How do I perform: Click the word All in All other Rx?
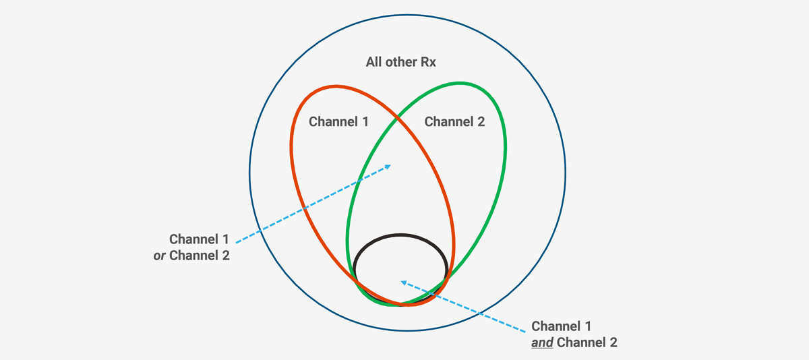[375, 63]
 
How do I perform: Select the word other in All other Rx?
[402, 63]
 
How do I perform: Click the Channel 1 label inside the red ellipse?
[338, 122]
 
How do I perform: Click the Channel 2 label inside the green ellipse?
[454, 122]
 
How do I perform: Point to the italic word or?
[160, 256]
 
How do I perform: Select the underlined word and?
[543, 342]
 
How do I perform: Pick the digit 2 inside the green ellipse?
[481, 122]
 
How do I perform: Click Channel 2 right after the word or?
[200, 256]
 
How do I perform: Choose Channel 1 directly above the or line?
[199, 239]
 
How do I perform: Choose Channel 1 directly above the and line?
[562, 326]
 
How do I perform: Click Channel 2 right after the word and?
[585, 342]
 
